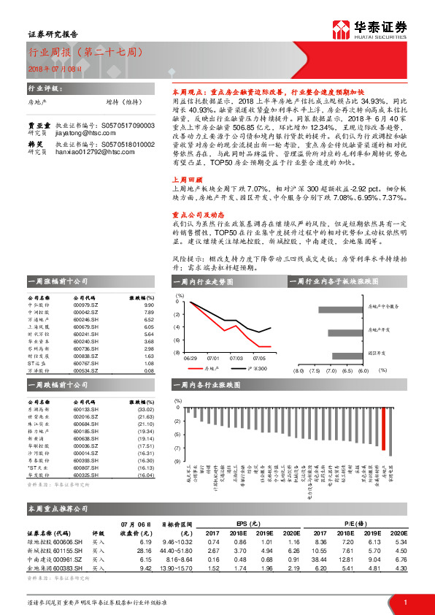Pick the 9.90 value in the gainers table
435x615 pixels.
(x=149, y=305)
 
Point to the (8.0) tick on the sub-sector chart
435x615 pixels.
(x=298, y=370)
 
